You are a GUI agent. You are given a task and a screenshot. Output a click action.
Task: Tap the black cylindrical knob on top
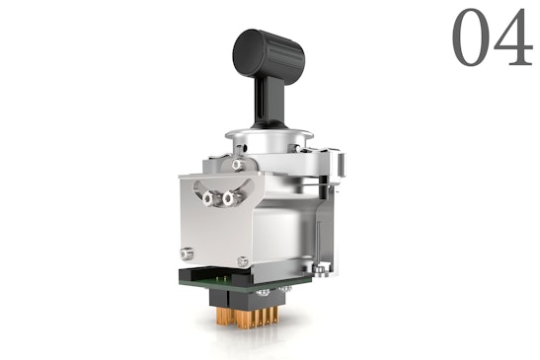point(270,50)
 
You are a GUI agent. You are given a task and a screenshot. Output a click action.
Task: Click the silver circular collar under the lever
point(269,139)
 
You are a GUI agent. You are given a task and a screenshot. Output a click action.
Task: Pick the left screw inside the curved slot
point(209,198)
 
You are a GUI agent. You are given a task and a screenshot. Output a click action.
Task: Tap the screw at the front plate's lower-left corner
point(188,250)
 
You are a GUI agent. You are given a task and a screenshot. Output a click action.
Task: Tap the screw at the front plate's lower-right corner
point(243,261)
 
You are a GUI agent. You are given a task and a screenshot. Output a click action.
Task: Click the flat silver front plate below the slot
point(212,232)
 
